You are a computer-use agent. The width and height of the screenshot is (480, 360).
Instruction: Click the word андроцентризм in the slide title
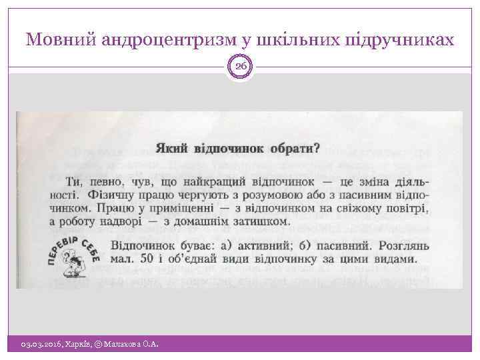pos(167,41)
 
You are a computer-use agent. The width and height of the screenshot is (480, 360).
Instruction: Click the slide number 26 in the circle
pos(241,65)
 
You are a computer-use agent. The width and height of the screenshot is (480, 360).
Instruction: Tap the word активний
pos(251,245)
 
